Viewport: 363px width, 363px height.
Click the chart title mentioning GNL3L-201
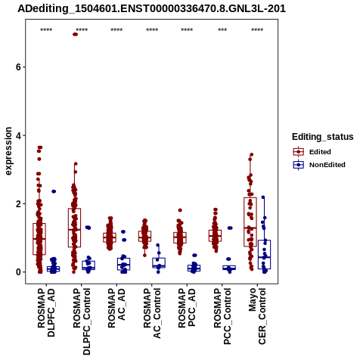pos(151,9)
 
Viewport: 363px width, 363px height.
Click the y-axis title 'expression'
pos(8,151)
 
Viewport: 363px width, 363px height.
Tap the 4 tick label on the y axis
pos(18,135)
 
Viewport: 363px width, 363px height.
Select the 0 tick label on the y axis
pos(18,272)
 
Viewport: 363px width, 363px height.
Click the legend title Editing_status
pos(323,137)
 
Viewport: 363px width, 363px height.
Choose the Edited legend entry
pos(312,152)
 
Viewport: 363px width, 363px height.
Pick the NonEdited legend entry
pos(319,165)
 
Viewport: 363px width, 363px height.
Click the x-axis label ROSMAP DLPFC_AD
pos(46,312)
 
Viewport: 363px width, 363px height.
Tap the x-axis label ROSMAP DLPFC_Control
pos(82,321)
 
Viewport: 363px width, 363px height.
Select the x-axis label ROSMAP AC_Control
pos(152,313)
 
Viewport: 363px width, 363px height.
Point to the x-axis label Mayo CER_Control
pos(257,316)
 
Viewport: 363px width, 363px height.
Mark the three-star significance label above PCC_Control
pos(222,30)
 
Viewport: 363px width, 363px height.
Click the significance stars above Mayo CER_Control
pos(257,30)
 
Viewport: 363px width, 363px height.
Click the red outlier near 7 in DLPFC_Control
pos(75,34)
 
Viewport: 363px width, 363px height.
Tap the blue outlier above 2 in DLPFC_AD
pos(54,191)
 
